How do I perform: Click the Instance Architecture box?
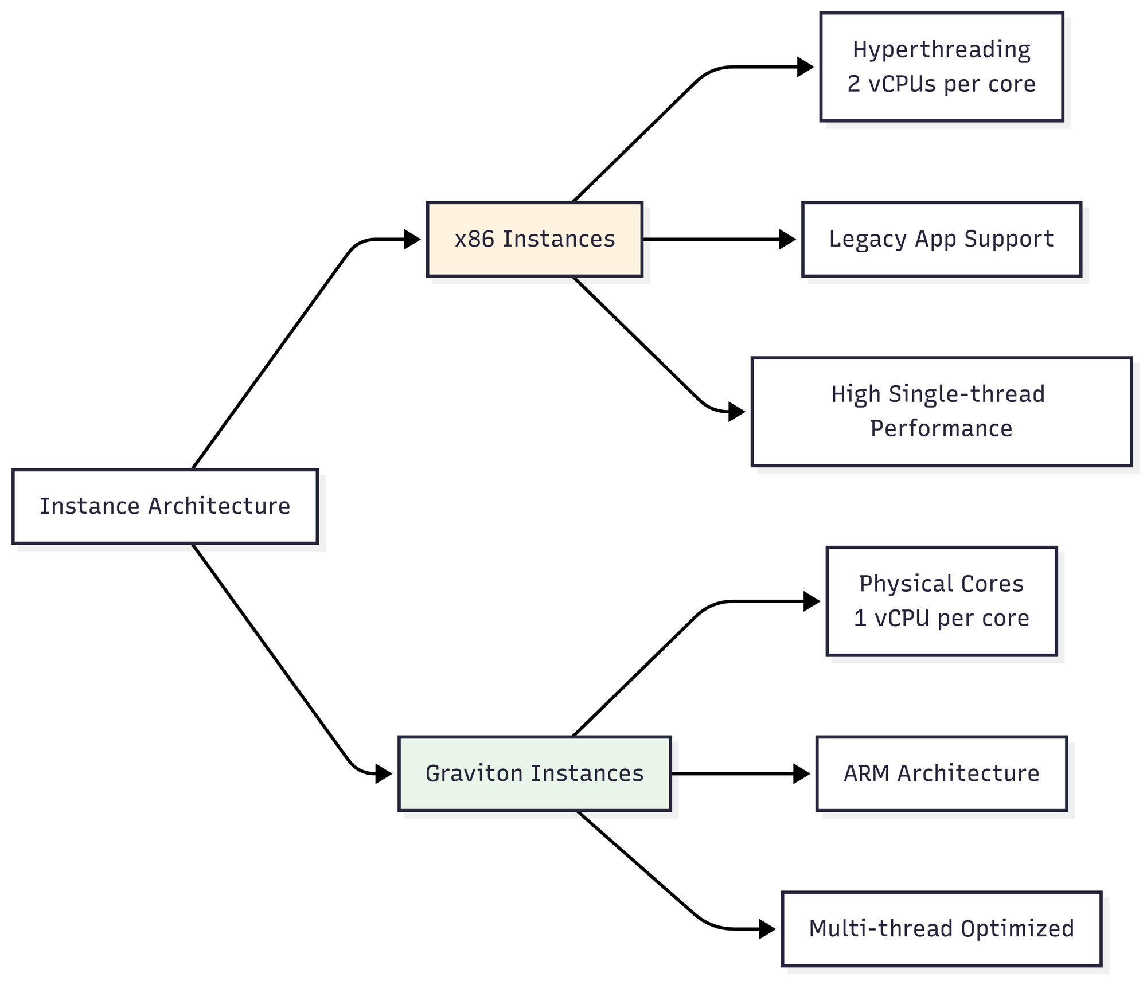[x=165, y=506]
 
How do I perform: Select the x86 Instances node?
[x=535, y=239]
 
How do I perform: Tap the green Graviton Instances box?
[x=535, y=773]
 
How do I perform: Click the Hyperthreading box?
[x=942, y=67]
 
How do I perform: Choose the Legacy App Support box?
[x=942, y=239]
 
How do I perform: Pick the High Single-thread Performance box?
[x=942, y=412]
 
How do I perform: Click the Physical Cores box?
[x=942, y=601]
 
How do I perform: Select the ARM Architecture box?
[x=942, y=773]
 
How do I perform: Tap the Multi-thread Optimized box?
[x=942, y=929]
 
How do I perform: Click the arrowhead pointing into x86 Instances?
[x=412, y=239]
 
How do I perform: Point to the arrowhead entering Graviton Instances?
[x=384, y=773]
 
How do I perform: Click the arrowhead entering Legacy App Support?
[x=787, y=239]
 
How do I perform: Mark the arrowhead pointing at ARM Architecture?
[x=801, y=773]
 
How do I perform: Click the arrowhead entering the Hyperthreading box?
[x=806, y=67]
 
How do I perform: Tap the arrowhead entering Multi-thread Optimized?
[x=767, y=929]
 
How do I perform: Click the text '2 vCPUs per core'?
[x=942, y=84]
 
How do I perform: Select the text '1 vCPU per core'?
[x=942, y=619]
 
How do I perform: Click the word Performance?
[x=942, y=429]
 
